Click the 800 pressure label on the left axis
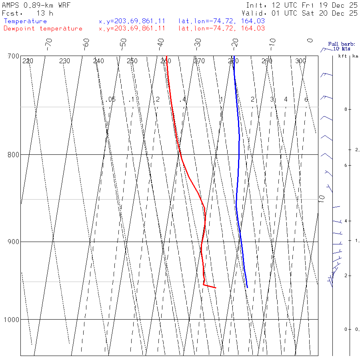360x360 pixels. pos(14,154)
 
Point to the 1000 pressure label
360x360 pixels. pos(12,320)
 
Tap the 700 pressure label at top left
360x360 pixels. pos(14,56)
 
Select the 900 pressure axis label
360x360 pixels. pos(14,242)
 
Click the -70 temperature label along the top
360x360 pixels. pos(49,43)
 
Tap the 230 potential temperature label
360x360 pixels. pos(64,61)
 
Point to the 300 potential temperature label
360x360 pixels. pos(300,61)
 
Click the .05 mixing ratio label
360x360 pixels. pos(111,99)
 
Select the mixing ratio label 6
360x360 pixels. pos(306,99)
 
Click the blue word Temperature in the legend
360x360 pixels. pos(25,21)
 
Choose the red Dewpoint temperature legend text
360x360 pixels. pos(43,28)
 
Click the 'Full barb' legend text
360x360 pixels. pos(339,44)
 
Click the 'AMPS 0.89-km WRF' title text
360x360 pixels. pos(36,5)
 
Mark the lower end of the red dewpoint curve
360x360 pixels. pos(216,288)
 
